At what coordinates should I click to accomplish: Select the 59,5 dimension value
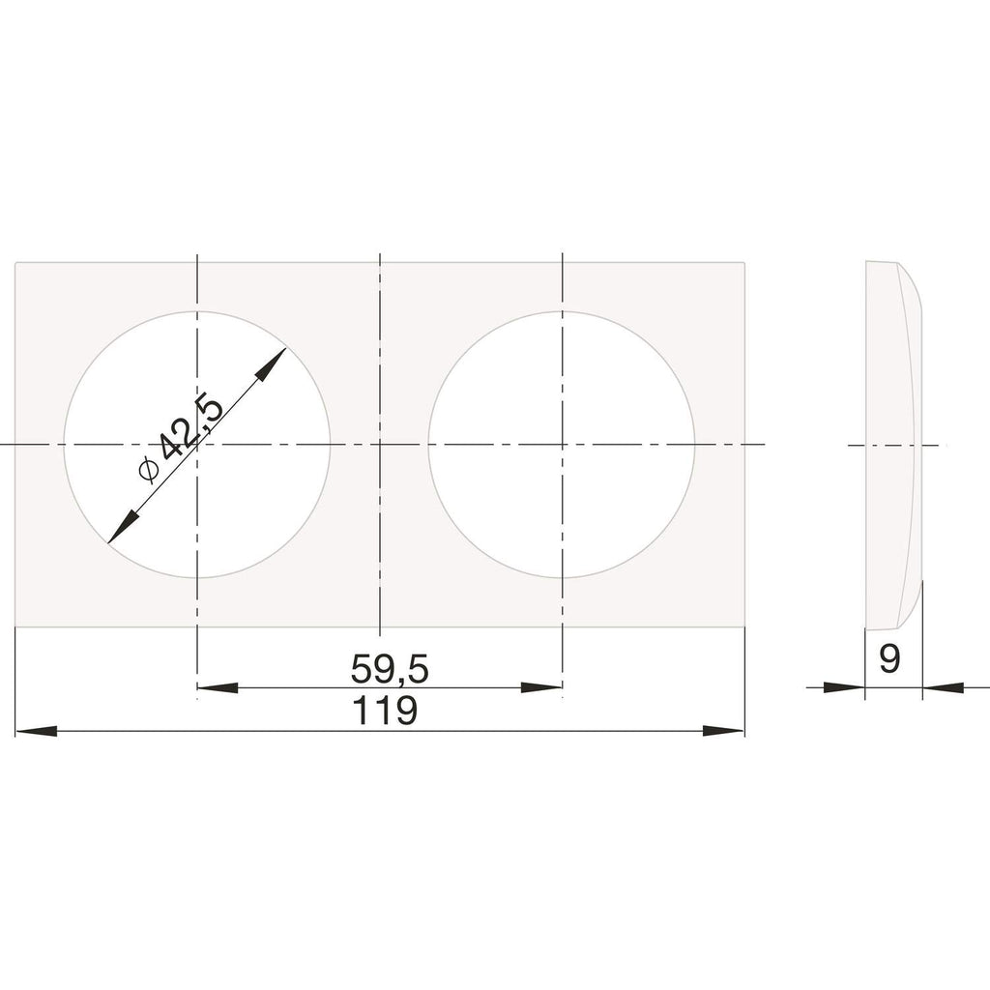point(390,669)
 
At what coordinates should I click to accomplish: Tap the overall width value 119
point(385,711)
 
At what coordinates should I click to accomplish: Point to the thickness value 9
point(889,659)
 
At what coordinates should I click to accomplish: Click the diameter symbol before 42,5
point(147,470)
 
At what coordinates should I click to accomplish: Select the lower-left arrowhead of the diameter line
point(123,526)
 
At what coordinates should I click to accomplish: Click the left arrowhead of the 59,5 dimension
point(218,687)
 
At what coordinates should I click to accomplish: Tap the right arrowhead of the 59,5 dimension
point(541,687)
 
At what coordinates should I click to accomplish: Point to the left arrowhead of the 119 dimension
point(36,731)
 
